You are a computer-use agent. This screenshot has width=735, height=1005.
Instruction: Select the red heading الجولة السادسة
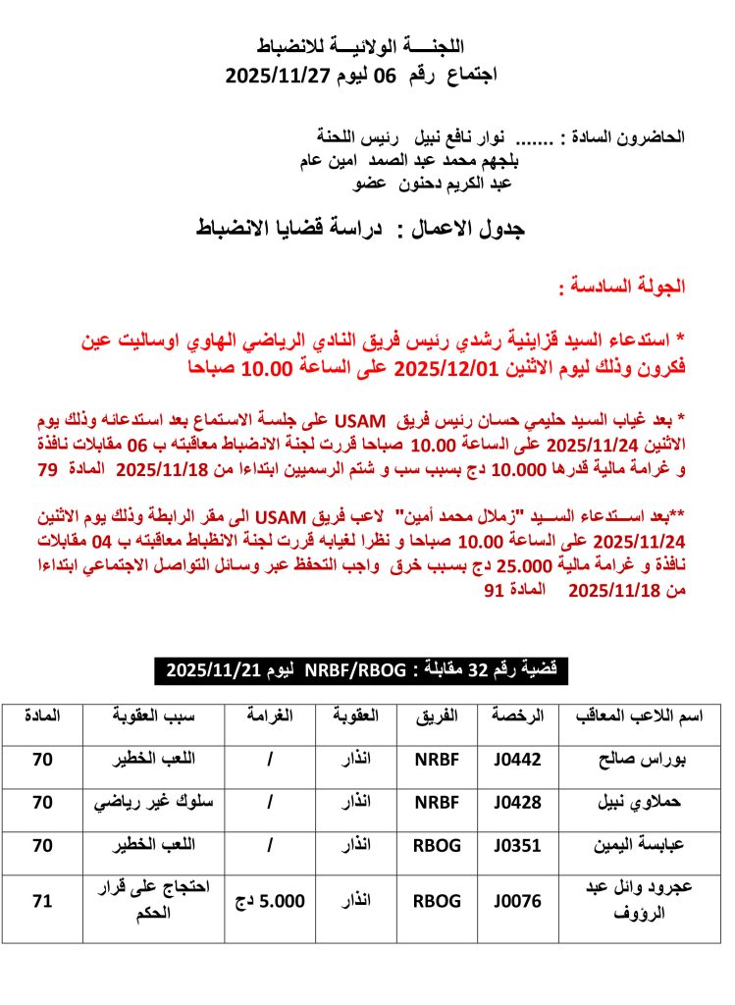620,288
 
